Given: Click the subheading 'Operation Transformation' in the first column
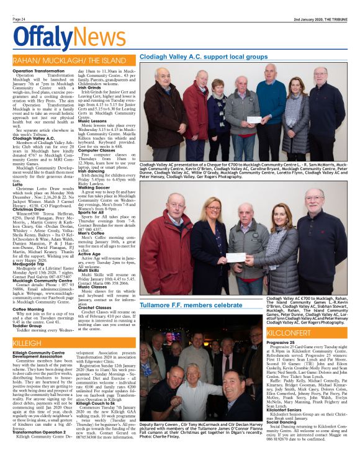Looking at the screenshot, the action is [x=38, y=71].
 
